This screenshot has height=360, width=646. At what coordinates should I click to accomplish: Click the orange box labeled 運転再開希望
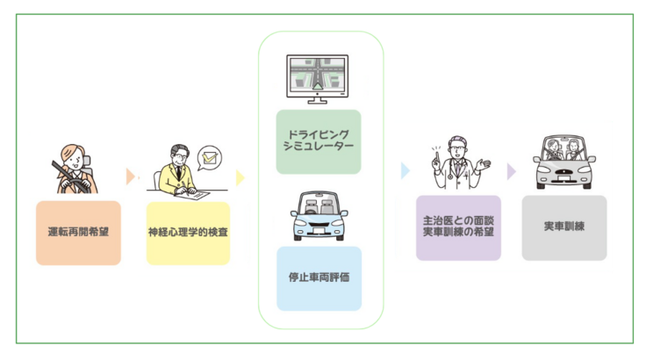pos(78,233)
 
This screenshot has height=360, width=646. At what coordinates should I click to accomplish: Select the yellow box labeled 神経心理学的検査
pos(188,233)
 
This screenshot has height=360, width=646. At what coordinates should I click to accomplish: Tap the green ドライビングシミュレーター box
pos(319,141)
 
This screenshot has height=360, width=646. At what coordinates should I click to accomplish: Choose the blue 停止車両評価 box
pos(319,278)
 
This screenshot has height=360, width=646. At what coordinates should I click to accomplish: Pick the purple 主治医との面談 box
pos(458,227)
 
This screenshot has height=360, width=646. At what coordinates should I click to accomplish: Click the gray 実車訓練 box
pos(563,227)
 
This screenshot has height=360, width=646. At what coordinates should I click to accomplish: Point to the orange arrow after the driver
pos(131,176)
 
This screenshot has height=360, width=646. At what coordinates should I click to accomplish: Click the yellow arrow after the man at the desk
pos(240,176)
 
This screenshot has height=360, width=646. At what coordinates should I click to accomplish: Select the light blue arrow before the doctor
pos(406,170)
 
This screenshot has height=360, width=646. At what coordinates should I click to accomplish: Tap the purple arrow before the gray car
pos(512,170)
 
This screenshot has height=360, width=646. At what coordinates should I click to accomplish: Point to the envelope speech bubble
pos(209,158)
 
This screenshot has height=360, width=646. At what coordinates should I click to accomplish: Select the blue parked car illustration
pos(319,217)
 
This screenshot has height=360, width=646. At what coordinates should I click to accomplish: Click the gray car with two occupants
pos(563,162)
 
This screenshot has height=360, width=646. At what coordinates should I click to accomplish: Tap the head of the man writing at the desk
pos(178,156)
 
